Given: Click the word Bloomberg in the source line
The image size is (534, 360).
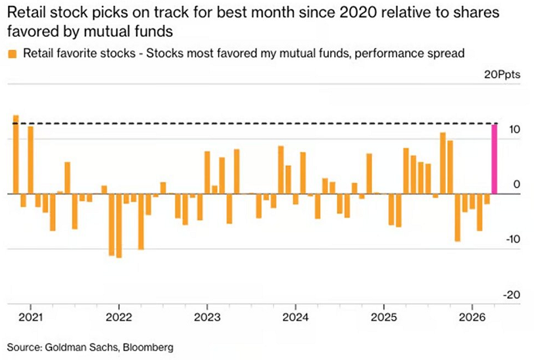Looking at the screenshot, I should tap(153, 346).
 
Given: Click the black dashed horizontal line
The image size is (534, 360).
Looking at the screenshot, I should tap(263, 124).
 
